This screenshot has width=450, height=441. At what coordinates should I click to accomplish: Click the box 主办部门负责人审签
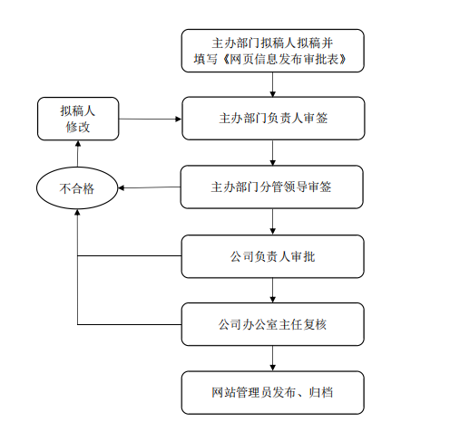pyautogui.click(x=273, y=119)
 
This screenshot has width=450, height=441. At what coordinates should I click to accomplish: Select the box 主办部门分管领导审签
pyautogui.click(x=272, y=187)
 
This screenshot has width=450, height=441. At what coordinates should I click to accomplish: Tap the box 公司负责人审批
pyautogui.click(x=273, y=256)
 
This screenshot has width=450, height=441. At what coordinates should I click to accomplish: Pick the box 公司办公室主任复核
pyautogui.click(x=273, y=324)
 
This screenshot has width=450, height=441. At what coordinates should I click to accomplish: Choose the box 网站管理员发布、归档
pyautogui.click(x=273, y=392)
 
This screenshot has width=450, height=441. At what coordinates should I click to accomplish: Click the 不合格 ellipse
pyautogui.click(x=77, y=188)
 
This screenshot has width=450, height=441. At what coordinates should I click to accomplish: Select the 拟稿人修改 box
pyautogui.click(x=78, y=119)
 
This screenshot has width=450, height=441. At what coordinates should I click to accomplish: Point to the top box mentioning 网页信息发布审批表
pyautogui.click(x=273, y=51)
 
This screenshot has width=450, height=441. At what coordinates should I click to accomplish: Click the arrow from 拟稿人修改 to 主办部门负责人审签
pyautogui.click(x=151, y=119)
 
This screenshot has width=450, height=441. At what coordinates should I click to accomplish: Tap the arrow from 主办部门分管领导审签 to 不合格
pyautogui.click(x=149, y=187)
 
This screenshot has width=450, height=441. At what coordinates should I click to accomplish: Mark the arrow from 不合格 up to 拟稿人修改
pyautogui.click(x=78, y=154)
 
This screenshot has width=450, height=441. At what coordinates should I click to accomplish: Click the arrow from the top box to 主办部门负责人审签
pyautogui.click(x=273, y=84)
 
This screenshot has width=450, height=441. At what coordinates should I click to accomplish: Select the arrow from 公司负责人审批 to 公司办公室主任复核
pyautogui.click(x=273, y=291)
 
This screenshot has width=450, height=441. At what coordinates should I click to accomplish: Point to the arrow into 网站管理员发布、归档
pyautogui.click(x=273, y=359)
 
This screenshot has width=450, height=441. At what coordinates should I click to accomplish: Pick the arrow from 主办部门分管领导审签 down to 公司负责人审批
pyautogui.click(x=273, y=222)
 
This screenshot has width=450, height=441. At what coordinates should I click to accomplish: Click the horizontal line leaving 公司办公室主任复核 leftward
pyautogui.click(x=130, y=324)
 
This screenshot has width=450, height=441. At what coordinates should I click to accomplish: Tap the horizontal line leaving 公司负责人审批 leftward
pyautogui.click(x=130, y=256)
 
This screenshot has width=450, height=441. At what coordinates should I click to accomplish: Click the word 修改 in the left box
pyautogui.click(x=78, y=127)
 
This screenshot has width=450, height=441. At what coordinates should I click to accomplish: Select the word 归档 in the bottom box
pyautogui.click(x=321, y=392)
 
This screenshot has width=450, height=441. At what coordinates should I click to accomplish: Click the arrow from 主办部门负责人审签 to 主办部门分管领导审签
pyautogui.click(x=273, y=153)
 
